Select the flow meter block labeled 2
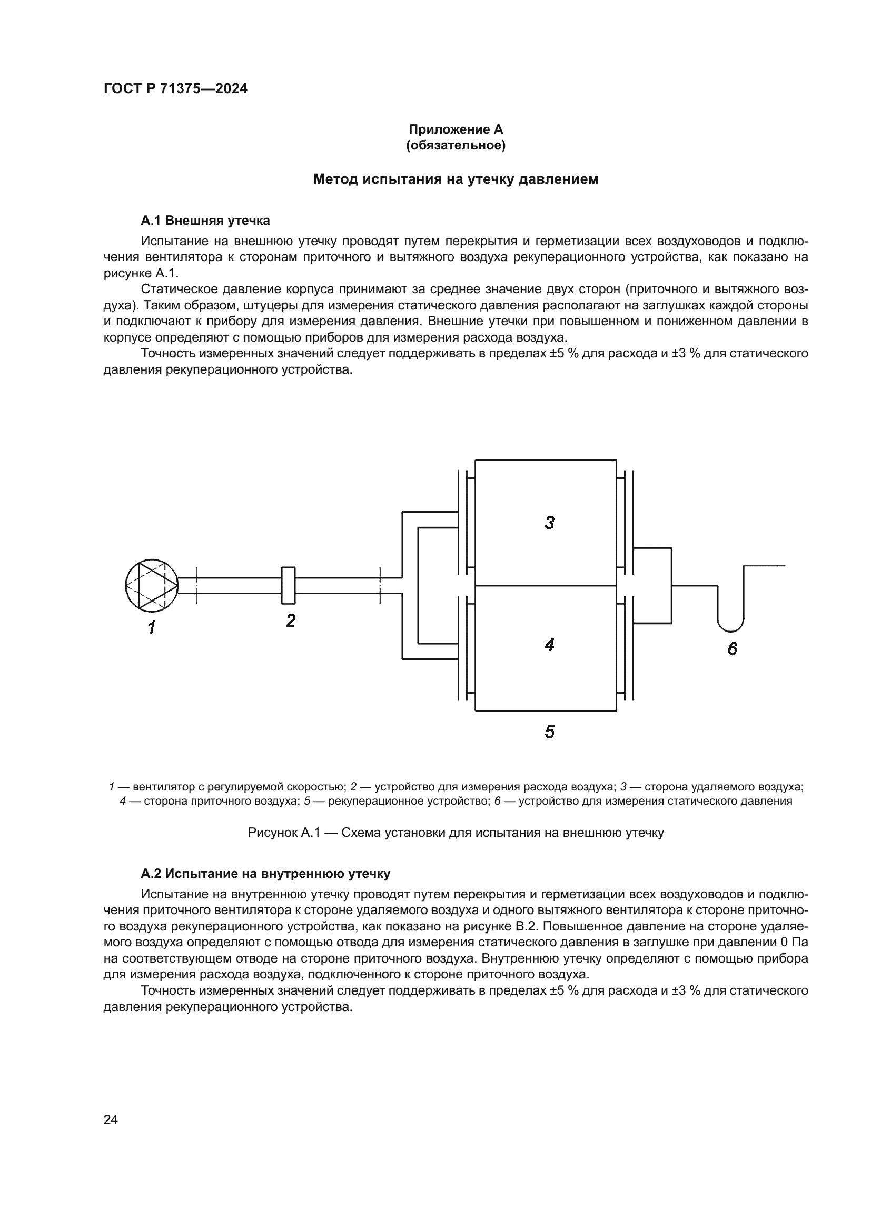tap(288, 585)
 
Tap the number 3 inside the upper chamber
tap(549, 523)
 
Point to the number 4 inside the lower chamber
tap(549, 645)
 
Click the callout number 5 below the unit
tap(549, 732)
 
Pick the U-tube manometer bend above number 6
tap(730, 625)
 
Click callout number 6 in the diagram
tap(732, 649)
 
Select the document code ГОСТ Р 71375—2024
tap(175, 89)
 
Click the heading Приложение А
tap(456, 129)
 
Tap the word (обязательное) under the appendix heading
tap(456, 145)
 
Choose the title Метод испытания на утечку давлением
tap(456, 179)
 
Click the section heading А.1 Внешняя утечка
tap(205, 221)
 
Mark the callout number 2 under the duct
tap(291, 621)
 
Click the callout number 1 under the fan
tap(152, 627)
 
